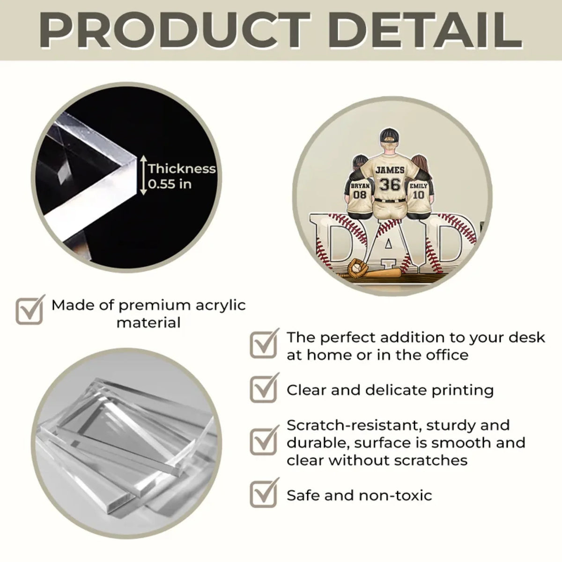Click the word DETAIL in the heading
(426, 30)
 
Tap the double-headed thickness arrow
(143, 175)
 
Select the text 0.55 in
(170, 184)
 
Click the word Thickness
(182, 169)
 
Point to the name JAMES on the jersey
(390, 170)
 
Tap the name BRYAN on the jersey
(360, 186)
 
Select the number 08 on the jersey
(360, 194)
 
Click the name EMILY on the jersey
(419, 186)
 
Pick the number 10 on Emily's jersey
(419, 195)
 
